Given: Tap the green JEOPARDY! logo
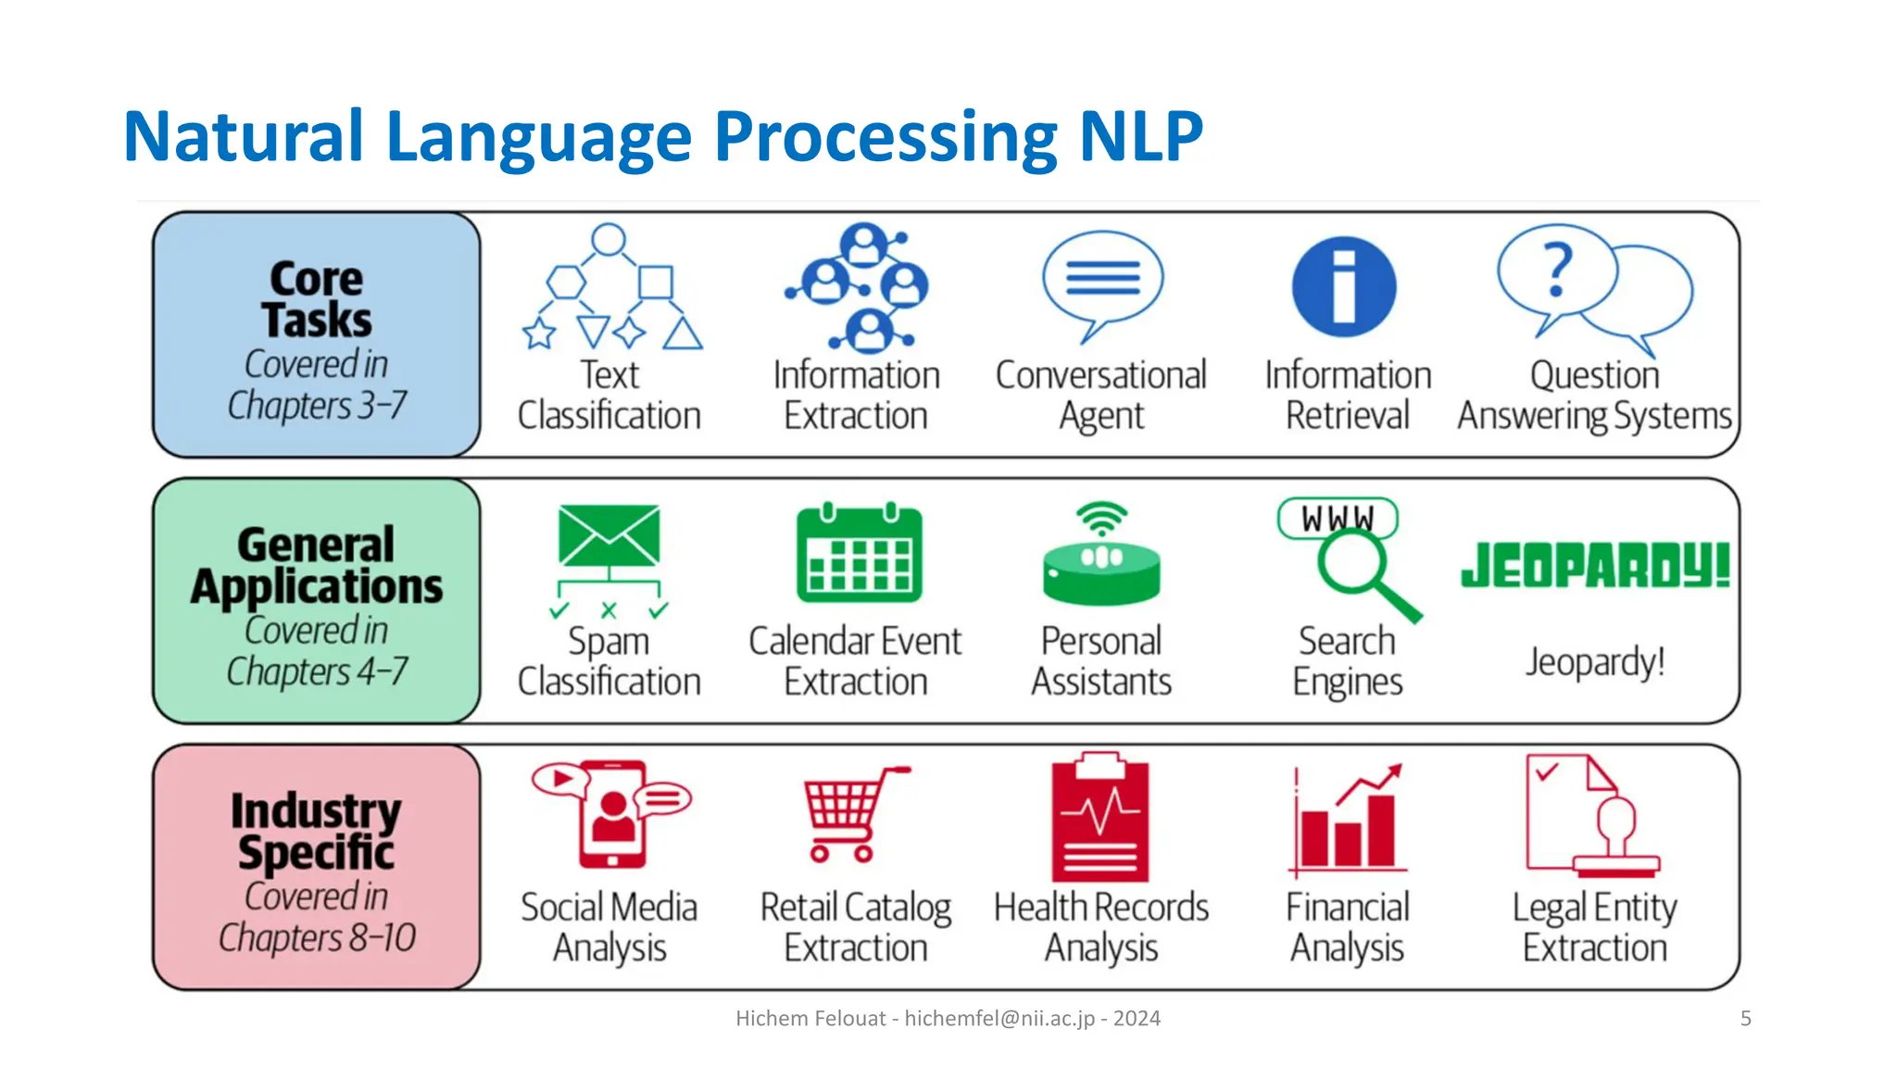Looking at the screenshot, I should pos(1595,565).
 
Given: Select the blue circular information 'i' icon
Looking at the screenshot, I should pos(1343,286).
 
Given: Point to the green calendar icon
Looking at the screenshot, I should pos(859,553).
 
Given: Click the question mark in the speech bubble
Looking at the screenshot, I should pos(1558,269).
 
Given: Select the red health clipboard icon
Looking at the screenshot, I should pos(1099,817).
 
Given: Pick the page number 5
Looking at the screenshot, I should pos(1745,1019).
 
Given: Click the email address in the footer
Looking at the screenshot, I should pos(999,1019).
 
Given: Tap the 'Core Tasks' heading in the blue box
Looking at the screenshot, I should pos(317,299).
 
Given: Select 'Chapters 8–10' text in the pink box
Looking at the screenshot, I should pos(317,937).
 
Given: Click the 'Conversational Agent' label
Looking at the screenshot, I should pos(1100,395).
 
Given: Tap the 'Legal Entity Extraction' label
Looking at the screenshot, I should pos(1594,927).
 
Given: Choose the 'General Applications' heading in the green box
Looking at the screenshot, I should pos(317,565).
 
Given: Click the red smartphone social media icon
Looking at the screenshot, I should pos(611,813).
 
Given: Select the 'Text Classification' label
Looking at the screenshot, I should pos(609,395).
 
